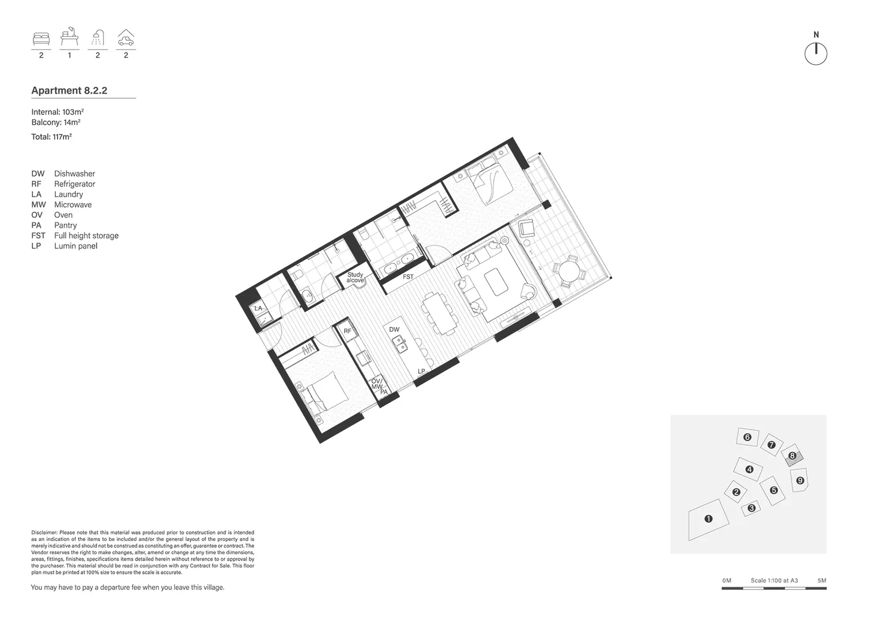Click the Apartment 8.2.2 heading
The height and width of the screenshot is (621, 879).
pos(69,90)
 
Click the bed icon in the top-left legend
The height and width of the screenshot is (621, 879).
pos(41,39)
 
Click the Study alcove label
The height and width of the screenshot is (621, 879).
pos(355,278)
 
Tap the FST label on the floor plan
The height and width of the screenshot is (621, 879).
pos(408,277)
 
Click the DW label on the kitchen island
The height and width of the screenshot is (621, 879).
pos(394,329)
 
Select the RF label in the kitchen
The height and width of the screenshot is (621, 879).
pos(347,331)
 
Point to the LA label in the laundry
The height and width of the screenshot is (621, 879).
pos(258,309)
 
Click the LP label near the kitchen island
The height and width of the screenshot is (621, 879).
pos(421,371)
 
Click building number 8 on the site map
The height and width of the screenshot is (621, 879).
pos(792,455)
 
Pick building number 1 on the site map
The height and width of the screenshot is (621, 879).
pos(708,519)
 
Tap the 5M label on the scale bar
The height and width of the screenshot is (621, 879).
pos(821,581)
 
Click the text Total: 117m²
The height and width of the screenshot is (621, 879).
pos(51,137)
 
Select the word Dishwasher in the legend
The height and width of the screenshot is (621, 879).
pos(74,174)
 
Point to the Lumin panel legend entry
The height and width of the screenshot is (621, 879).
pos(75,246)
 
